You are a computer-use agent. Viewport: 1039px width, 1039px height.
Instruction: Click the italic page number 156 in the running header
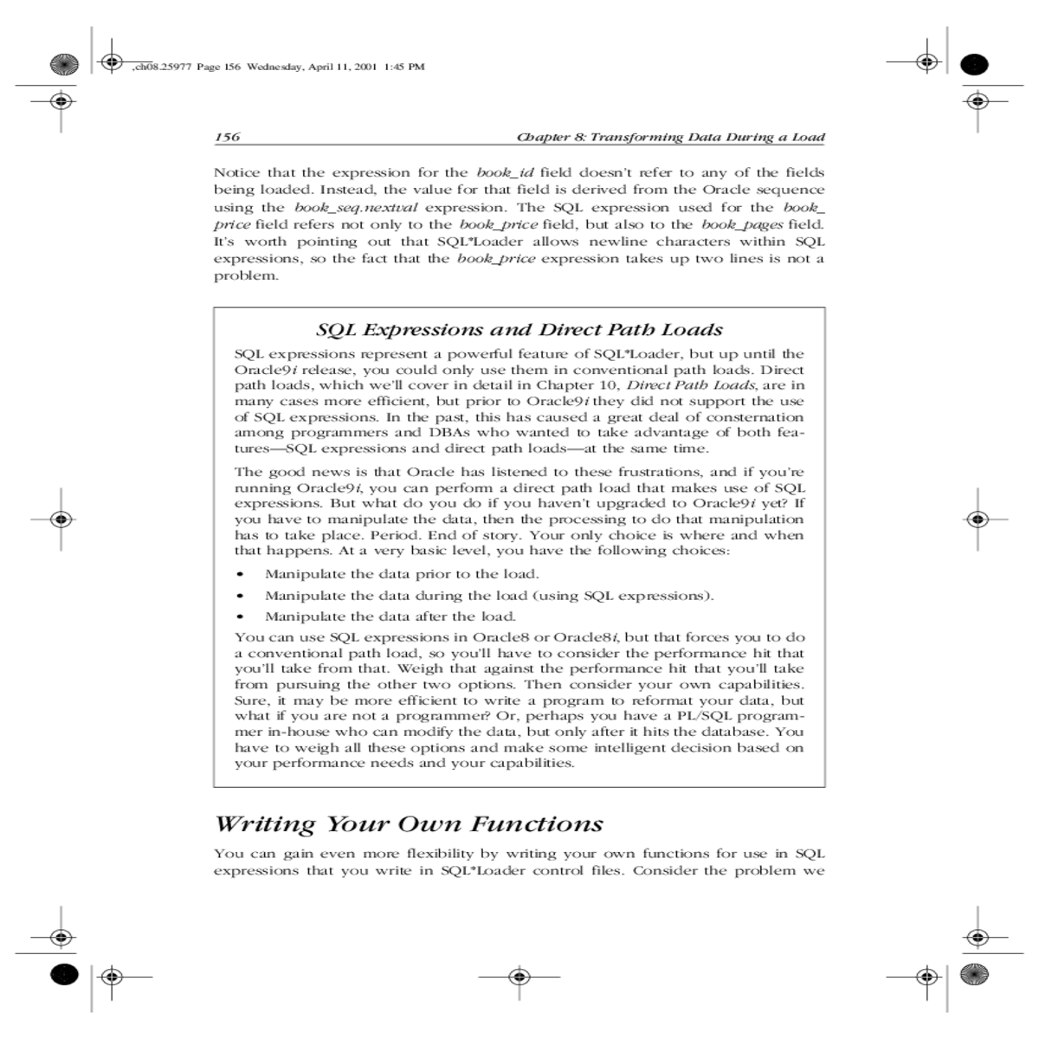coord(227,137)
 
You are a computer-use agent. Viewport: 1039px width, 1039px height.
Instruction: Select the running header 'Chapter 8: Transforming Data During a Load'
coord(670,137)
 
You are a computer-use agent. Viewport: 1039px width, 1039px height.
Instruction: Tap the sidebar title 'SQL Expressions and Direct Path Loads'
coord(519,330)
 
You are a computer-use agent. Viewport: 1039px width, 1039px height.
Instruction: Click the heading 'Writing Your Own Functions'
coord(409,823)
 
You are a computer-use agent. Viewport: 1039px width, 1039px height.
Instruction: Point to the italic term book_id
coord(506,172)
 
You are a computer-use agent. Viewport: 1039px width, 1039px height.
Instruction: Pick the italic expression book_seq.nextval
coord(356,207)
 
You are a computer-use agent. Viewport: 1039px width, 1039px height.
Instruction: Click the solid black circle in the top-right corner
coord(975,63)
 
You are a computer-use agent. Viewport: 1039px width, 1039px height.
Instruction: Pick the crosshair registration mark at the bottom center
coord(519,977)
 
